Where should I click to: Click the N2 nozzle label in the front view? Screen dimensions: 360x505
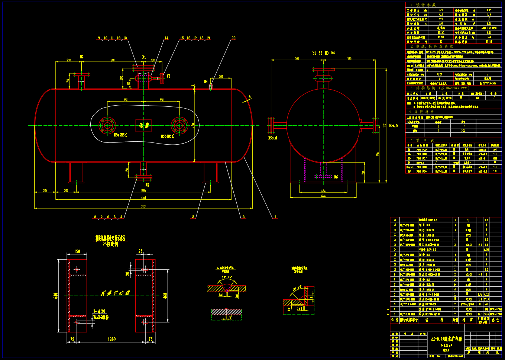(x=82, y=57)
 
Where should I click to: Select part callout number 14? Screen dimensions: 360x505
(x=166, y=38)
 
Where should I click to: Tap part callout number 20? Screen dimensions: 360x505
(x=233, y=38)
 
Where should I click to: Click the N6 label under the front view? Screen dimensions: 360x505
(x=147, y=185)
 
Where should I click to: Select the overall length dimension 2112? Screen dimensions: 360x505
(x=143, y=207)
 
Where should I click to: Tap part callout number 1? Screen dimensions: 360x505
(x=275, y=217)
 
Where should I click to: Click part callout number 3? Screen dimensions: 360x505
(x=193, y=217)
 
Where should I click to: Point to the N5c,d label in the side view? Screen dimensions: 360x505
(x=273, y=138)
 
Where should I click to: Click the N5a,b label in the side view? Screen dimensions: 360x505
(x=393, y=126)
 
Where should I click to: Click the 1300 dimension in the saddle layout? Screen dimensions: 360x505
(x=111, y=339)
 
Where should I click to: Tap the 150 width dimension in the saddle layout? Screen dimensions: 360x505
(x=77, y=251)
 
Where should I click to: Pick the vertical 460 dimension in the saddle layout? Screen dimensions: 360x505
(x=165, y=295)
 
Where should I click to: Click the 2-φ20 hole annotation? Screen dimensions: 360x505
(x=99, y=311)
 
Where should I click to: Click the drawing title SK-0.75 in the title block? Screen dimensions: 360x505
(x=446, y=339)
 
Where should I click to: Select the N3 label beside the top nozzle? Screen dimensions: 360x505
(x=168, y=76)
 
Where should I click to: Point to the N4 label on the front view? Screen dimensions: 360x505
(x=206, y=81)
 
